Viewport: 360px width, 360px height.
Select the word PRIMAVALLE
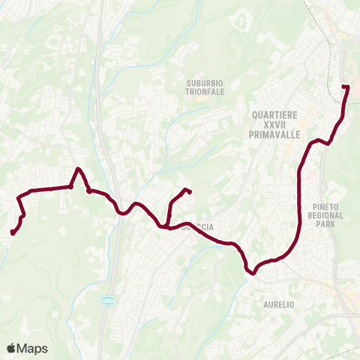click(274, 136)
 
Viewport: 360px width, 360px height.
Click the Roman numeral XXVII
click(274, 125)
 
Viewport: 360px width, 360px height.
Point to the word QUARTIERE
click(274, 115)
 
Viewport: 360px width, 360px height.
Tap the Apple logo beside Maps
click(11, 348)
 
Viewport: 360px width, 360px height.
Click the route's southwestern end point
click(13, 232)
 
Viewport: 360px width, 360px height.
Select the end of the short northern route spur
click(187, 191)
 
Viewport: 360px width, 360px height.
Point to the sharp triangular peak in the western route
click(78, 169)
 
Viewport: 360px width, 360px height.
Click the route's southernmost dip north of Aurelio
click(253, 273)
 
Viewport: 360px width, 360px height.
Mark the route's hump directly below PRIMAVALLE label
click(320, 140)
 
